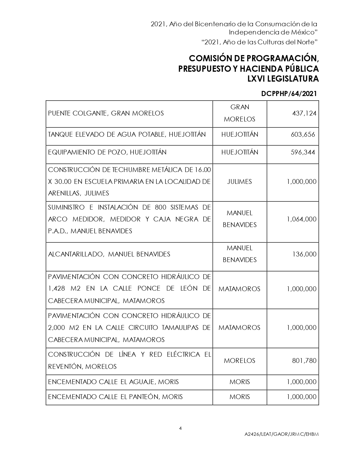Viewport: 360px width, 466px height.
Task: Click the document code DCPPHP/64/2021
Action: pyautogui.click(x=289, y=94)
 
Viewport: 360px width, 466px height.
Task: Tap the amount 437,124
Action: pyautogui.click(x=304, y=113)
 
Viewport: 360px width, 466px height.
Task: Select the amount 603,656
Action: pyautogui.click(x=303, y=134)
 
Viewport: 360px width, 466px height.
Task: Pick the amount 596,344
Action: pyautogui.click(x=303, y=152)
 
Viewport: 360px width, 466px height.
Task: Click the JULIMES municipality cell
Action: pyautogui.click(x=239, y=182)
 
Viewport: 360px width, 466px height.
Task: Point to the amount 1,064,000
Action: pyautogui.click(x=302, y=219)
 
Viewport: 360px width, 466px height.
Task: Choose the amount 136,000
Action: pyautogui.click(x=304, y=254)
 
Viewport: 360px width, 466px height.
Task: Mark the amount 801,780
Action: pyautogui.click(x=304, y=361)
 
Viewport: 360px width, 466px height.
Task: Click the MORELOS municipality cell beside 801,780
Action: pyautogui.click(x=239, y=361)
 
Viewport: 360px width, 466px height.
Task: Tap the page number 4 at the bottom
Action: pyautogui.click(x=180, y=428)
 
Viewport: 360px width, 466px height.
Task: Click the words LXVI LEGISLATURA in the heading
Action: pyautogui.click(x=283, y=79)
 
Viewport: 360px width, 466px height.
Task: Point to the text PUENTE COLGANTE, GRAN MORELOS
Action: pyautogui.click(x=106, y=113)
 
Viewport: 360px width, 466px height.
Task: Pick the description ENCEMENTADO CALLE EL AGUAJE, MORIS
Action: pyautogui.click(x=113, y=382)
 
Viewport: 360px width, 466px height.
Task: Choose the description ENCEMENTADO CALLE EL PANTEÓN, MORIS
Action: pyautogui.click(x=115, y=397)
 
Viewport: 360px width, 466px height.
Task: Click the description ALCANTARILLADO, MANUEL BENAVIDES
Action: pyautogui.click(x=109, y=254)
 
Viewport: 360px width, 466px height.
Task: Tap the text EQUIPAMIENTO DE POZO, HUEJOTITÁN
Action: pyautogui.click(x=107, y=152)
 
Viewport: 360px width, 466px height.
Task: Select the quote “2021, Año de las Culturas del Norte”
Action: pyautogui.click(x=260, y=42)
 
